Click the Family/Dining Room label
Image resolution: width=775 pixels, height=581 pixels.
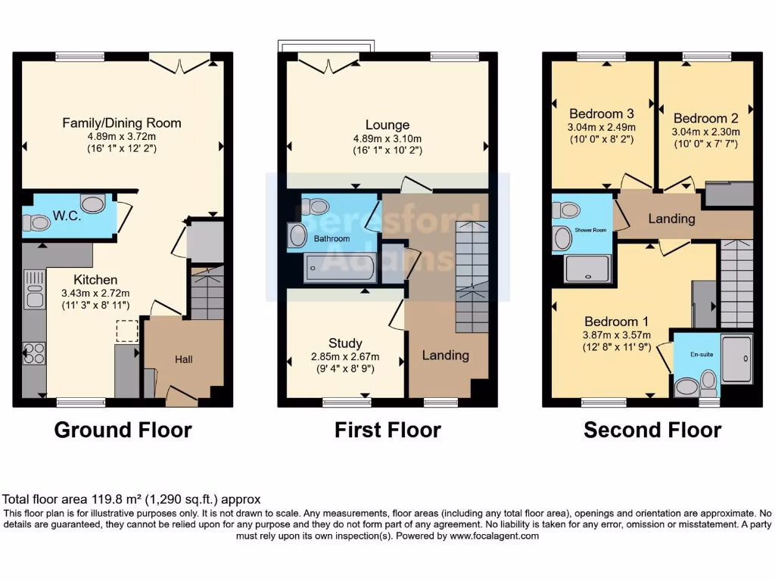pos(122,123)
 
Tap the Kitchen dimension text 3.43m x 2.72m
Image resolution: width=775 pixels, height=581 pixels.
pos(95,294)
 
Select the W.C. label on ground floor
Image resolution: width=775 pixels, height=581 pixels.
pos(66,216)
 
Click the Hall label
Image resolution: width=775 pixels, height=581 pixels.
pos(184,359)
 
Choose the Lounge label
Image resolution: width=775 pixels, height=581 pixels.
pos(387,125)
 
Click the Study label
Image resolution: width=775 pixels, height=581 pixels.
pos(345,343)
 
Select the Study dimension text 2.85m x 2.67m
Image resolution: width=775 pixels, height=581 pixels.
pos(345,357)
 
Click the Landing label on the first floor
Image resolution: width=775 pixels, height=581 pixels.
pos(445,355)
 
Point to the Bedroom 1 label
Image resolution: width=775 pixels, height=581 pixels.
pos(614,322)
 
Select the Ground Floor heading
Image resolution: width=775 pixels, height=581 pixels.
pos(123,430)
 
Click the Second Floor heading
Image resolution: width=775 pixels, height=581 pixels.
pos(652,430)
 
